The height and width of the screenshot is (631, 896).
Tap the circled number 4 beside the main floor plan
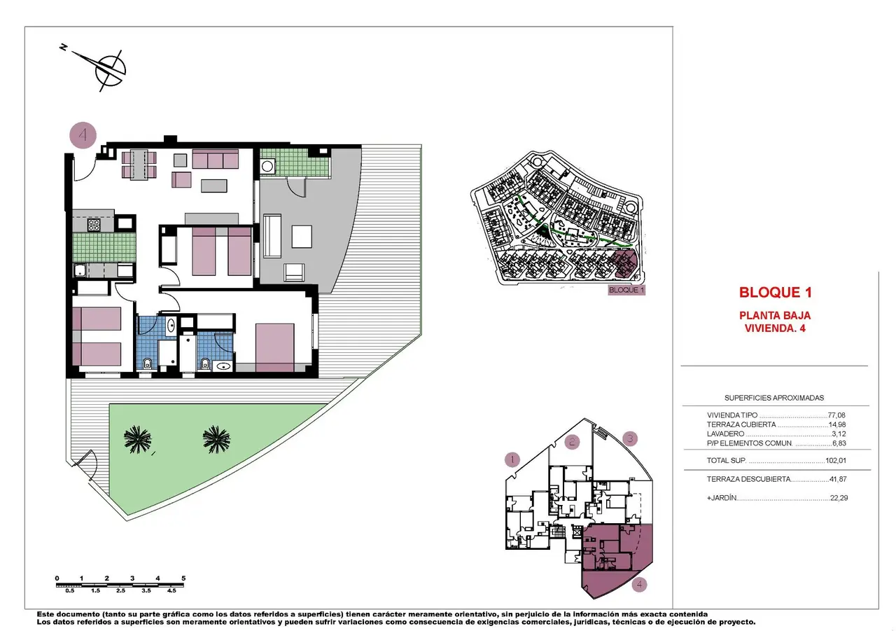(83, 135)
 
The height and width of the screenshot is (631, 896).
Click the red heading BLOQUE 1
(775, 293)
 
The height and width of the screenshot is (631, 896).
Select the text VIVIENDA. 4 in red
(775, 328)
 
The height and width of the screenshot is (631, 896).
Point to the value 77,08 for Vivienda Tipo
(836, 415)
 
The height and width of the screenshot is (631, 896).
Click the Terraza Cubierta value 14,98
(837, 424)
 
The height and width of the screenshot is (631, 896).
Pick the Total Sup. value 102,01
(836, 461)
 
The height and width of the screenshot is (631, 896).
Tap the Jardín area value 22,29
(839, 498)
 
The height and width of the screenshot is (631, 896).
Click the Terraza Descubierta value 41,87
(838, 479)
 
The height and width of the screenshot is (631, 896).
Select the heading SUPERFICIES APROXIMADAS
(774, 398)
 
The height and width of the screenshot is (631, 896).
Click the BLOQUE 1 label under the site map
(626, 290)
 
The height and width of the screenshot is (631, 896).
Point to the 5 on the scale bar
(183, 578)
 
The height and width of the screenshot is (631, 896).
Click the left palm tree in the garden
(138, 439)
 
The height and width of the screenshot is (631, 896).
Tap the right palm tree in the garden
(216, 439)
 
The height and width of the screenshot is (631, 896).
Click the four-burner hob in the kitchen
(94, 226)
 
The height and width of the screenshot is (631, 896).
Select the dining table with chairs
(139, 165)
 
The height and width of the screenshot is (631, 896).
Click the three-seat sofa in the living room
(215, 159)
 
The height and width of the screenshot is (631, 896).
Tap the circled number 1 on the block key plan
(512, 459)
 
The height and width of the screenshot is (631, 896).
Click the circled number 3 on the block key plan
(630, 438)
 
